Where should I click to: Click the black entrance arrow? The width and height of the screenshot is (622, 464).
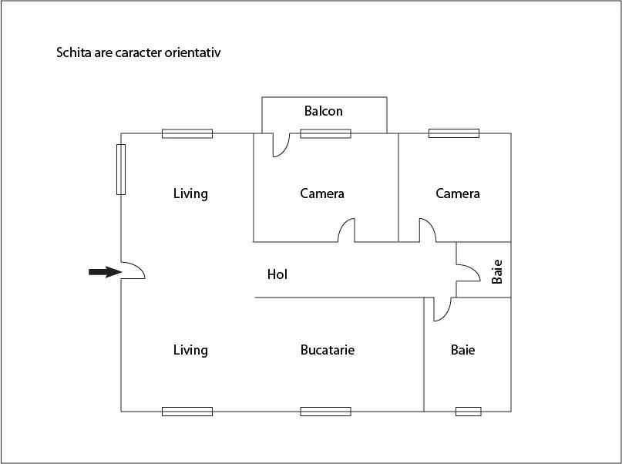105,272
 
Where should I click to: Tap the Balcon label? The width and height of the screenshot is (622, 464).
323,111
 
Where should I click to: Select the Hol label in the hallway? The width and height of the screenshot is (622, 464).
277,274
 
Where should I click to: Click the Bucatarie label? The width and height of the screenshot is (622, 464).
328,350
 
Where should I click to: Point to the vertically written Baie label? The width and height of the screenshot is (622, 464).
497,271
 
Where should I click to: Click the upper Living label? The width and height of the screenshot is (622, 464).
190,193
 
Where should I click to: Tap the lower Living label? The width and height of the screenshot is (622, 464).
190,350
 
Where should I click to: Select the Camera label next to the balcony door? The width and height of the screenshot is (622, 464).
321,193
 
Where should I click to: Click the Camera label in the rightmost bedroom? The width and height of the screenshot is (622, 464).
457,193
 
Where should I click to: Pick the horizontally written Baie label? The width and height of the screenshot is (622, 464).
463,350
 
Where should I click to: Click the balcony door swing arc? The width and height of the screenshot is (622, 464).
281,145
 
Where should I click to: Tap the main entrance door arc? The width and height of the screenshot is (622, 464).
133,270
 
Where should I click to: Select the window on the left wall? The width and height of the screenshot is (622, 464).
121,170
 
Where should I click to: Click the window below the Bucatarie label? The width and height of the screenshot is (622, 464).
326,412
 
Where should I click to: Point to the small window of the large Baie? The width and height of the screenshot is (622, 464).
469,412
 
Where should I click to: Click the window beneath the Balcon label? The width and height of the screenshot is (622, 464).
326,133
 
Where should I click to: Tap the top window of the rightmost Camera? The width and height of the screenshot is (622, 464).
454,133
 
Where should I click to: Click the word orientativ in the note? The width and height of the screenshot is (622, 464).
193,52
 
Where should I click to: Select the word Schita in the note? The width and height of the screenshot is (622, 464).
74,52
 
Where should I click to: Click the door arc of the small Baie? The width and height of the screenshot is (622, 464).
469,273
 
